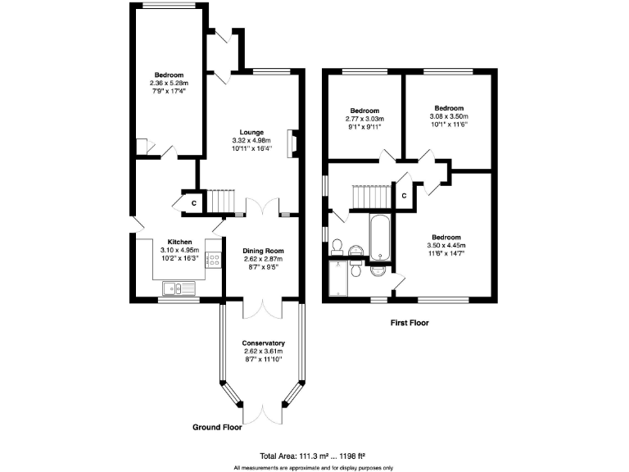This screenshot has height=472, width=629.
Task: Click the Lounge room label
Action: pyautogui.click(x=251, y=132)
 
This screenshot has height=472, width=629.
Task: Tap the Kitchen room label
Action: pyautogui.click(x=179, y=242)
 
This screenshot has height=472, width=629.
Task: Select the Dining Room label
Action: pyautogui.click(x=263, y=251)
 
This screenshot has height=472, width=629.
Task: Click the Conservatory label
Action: pyautogui.click(x=263, y=343)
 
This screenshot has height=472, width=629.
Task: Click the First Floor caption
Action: pyautogui.click(x=409, y=323)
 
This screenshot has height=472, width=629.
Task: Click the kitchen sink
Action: pyautogui.click(x=176, y=287)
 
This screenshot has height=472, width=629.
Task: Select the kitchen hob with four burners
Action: pyautogui.click(x=213, y=261)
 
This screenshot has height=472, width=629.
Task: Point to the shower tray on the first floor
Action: pyautogui.click(x=337, y=279)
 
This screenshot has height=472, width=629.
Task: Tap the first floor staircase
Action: pyautogui.click(x=370, y=197)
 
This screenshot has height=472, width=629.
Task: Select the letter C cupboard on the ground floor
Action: pyautogui.click(x=193, y=202)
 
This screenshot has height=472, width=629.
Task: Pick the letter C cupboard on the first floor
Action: pyautogui.click(x=404, y=197)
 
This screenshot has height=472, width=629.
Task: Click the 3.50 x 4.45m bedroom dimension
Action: pyautogui.click(x=446, y=245)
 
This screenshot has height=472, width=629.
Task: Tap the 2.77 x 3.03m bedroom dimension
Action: pyautogui.click(x=364, y=119)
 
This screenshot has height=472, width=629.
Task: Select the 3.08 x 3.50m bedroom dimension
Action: pyautogui.click(x=449, y=116)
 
